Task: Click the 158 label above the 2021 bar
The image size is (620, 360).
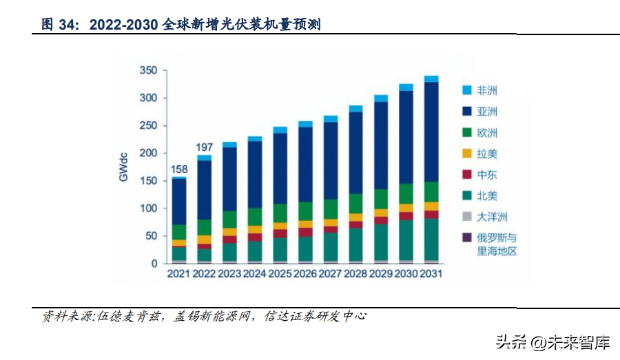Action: [x=179, y=169]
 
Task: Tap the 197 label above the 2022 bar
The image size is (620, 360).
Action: [x=204, y=147]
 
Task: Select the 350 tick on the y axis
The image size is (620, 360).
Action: [x=149, y=71]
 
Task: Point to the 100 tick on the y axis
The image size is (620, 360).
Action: [x=149, y=208]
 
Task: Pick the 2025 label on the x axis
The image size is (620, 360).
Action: [x=279, y=273]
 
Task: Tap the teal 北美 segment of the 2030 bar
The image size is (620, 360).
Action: [x=406, y=240]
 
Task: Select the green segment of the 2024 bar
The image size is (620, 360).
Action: [x=255, y=216]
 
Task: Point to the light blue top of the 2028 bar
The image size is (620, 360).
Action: [x=355, y=109]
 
